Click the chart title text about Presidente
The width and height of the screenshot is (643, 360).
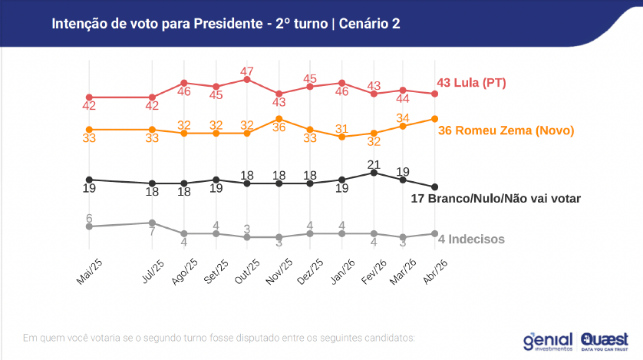coord(226,25)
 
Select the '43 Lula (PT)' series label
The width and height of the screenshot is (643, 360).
coord(471,83)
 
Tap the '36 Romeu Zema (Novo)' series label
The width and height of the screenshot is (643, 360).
coord(506,130)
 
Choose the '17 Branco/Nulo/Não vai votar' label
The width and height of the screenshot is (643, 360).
coord(496,198)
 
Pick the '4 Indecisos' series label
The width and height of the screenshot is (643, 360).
coord(471,239)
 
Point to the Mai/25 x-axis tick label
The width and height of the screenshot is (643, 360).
coord(89,270)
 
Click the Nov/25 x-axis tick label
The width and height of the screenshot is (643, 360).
coord(278,270)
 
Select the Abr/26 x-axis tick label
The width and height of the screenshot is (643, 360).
coord(435,270)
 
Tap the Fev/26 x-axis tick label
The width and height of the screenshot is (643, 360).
coord(372,270)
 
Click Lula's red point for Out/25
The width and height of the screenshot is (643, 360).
coord(247,79)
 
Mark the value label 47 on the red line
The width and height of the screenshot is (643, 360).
coord(247,70)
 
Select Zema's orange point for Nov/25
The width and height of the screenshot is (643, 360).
coord(279,118)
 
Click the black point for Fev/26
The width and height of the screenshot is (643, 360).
coord(374,173)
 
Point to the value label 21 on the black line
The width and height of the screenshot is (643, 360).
coord(374,163)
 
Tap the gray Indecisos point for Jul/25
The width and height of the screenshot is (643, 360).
coord(153,223)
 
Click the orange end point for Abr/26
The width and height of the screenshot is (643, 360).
coord(435,118)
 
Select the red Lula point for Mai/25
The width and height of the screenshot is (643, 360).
coord(89,97)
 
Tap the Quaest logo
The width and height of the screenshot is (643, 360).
coord(605,339)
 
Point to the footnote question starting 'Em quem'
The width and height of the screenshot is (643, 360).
coord(219,337)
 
